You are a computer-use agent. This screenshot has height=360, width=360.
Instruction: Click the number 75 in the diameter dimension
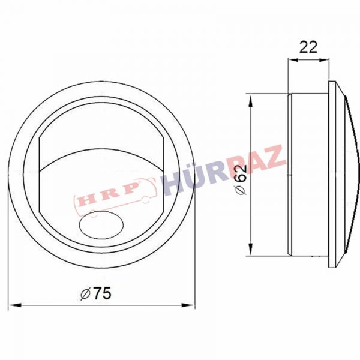click(103, 293)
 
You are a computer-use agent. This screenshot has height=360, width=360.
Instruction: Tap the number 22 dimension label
click(308, 47)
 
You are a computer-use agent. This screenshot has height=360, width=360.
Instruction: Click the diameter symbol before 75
click(85, 294)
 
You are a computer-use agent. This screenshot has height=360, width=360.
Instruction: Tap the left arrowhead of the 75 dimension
click(15, 305)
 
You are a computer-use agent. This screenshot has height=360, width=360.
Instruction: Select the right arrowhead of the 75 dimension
click(188, 305)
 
